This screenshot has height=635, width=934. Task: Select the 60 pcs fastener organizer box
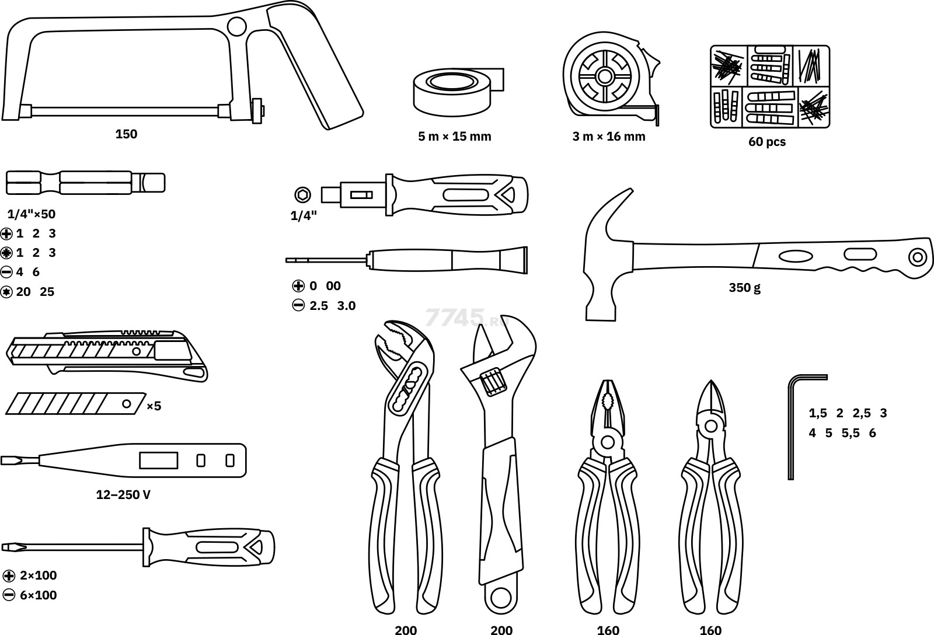pyautogui.click(x=769, y=86)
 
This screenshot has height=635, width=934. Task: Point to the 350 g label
pyautogui.click(x=744, y=287)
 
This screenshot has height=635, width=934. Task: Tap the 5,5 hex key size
pyautogui.click(x=852, y=433)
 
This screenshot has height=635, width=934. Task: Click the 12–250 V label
pyautogui.click(x=123, y=495)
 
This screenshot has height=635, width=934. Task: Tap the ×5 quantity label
pyautogui.click(x=153, y=406)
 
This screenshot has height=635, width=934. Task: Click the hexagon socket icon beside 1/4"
pyautogui.click(x=302, y=194)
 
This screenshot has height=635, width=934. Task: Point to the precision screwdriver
pyautogui.click(x=409, y=259)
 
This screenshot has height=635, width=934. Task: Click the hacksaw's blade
pyautogui.click(x=126, y=110)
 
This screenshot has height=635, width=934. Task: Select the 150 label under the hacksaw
pyautogui.click(x=126, y=134)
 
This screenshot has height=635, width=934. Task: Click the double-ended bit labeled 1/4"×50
pyautogui.click(x=85, y=183)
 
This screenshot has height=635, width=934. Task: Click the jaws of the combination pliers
pyautogui.click(x=607, y=403)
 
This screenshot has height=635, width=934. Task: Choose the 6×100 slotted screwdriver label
pyautogui.click(x=38, y=595)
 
